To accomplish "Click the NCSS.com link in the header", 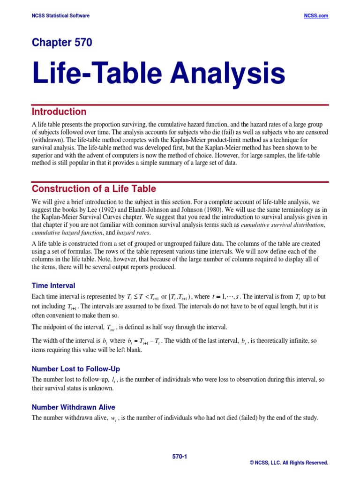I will [316, 16].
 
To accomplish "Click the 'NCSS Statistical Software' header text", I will [60, 16].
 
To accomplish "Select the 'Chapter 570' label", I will [62, 43].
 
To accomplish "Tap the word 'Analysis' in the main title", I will [227, 74].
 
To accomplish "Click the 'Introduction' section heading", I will [59, 112].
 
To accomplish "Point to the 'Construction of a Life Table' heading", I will [94, 189].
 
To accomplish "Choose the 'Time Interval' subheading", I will [53, 285].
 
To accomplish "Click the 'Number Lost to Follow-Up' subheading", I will [76, 369].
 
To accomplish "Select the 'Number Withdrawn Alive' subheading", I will [73, 407].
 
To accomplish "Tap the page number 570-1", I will [180, 456].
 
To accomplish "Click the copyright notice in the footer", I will [289, 463].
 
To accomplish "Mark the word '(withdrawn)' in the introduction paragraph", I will [46, 140].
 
